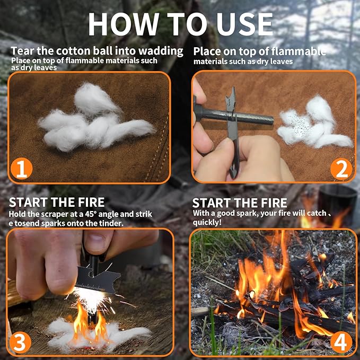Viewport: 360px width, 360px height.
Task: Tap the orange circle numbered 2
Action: click(x=341, y=169)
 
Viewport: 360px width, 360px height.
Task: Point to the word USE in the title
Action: click(x=242, y=24)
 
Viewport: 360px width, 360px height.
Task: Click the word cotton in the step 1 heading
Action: click(x=74, y=51)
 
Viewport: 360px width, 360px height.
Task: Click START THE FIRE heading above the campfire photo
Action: click(x=239, y=203)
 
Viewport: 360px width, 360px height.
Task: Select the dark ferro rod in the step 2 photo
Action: click(x=249, y=116)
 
